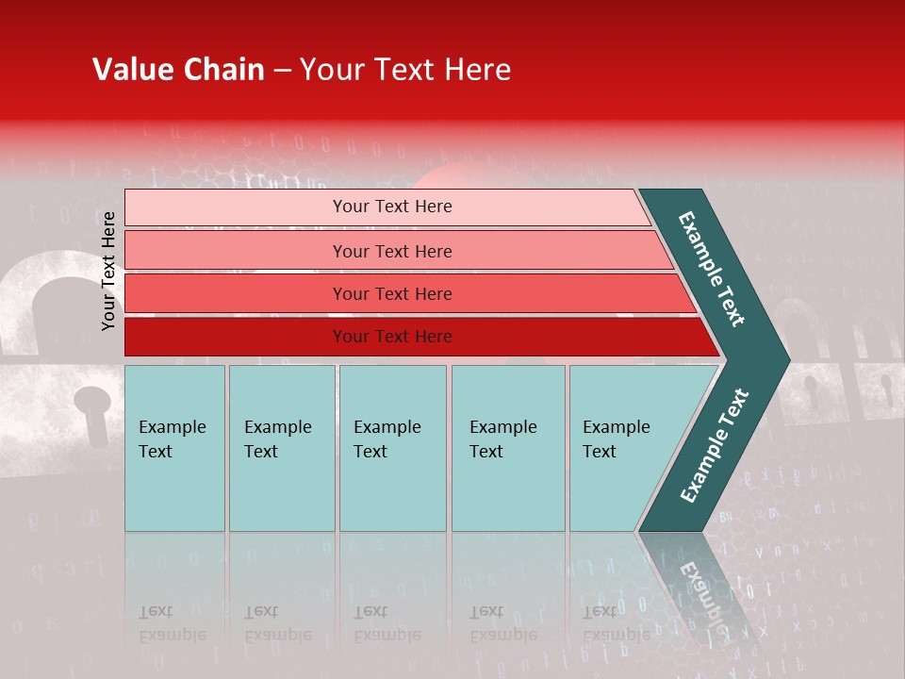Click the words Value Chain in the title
(178, 70)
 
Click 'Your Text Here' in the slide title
(404, 70)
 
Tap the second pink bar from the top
(392, 251)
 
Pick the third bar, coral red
(392, 293)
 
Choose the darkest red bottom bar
(392, 337)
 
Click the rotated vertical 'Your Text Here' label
(108, 271)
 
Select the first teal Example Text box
(174, 447)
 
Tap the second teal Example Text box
(281, 447)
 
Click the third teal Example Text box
(392, 447)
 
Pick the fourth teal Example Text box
(507, 447)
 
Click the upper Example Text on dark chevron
(712, 269)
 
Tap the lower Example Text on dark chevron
(715, 445)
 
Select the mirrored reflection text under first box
(172, 623)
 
